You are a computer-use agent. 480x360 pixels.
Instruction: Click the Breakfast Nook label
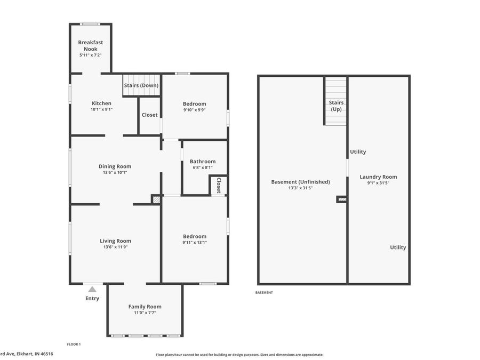[91, 45]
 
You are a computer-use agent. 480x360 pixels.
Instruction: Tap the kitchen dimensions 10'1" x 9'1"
[101, 109]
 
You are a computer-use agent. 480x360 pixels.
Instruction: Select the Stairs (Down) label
[141, 85]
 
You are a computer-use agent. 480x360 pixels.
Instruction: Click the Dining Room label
[115, 166]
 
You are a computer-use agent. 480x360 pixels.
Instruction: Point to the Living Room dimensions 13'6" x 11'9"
[115, 247]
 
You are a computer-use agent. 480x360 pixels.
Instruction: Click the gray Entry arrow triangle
[92, 289]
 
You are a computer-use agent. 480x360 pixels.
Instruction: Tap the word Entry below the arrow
[92, 298]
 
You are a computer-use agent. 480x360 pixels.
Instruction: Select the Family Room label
[145, 307]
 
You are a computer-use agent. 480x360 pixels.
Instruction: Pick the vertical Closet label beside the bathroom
[219, 185]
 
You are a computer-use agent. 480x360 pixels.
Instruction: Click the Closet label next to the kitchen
[149, 115]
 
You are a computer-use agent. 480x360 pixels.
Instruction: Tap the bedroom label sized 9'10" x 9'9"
[194, 104]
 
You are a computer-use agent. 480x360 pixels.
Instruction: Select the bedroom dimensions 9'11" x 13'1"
[195, 242]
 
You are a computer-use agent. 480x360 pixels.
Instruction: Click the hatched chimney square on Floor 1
[156, 200]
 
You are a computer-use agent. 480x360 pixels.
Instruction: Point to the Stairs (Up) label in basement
[336, 106]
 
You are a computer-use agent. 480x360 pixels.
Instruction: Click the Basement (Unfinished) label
[300, 182]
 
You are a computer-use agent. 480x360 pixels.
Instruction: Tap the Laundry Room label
[378, 177]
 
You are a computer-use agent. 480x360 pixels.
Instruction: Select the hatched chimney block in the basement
[342, 199]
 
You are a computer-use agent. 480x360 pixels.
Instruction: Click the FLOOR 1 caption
[74, 345]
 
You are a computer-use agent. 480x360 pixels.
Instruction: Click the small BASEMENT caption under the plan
[264, 292]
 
